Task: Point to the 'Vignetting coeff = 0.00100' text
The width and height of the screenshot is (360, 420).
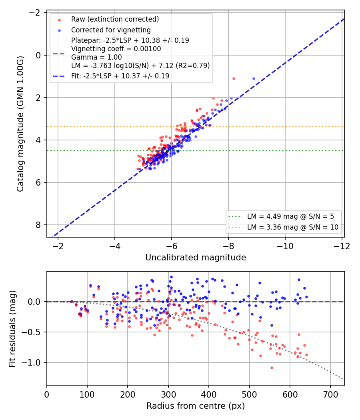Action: click(116, 49)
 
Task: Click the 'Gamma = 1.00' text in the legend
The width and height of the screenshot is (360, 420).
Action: click(96, 57)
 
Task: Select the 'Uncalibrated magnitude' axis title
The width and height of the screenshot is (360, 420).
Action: click(196, 258)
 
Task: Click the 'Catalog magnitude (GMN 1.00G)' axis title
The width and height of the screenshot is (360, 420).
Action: click(20, 124)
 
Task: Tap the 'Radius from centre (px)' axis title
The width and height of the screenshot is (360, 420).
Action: click(196, 406)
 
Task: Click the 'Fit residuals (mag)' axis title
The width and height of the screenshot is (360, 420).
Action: click(12, 329)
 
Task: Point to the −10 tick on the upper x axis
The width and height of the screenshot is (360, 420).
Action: click(285, 246)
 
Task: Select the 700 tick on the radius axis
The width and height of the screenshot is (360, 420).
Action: click(330, 394)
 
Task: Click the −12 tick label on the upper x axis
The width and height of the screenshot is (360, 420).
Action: click(342, 246)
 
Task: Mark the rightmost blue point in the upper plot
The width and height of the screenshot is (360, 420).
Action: click(254, 78)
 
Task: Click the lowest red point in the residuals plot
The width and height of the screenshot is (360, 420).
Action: click(272, 368)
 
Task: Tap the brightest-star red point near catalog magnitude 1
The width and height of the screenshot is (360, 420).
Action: click(234, 78)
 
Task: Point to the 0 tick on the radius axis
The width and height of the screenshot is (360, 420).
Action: click(47, 394)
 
